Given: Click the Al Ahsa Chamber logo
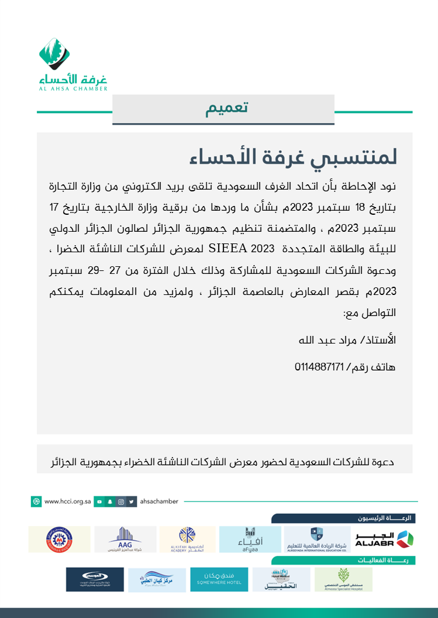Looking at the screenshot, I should click(73, 64).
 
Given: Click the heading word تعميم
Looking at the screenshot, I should click(227, 109).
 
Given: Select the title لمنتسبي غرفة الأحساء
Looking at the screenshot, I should click(294, 157).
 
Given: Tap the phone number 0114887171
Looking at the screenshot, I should click(320, 368).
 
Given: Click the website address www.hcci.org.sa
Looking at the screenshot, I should click(67, 502).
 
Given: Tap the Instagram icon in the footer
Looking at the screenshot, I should click(120, 502).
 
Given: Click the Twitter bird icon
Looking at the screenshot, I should click(132, 502).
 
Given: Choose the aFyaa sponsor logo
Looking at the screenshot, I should click(250, 539).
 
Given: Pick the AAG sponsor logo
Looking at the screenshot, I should click(125, 539).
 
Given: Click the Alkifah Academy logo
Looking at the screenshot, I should click(188, 539).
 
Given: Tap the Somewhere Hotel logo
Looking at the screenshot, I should click(219, 579).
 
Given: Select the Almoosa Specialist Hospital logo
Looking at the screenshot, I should click(343, 579).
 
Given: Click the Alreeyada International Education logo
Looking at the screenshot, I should click(316, 539).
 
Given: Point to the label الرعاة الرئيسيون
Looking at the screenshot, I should click(391, 519).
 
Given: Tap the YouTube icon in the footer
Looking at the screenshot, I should click(100, 502).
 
